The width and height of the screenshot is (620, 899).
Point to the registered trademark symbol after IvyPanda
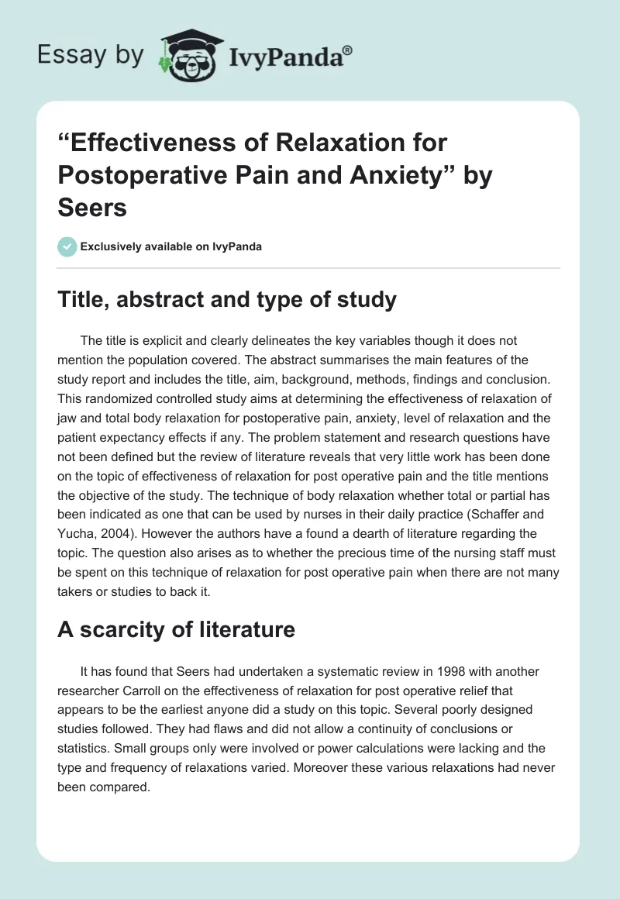coord(347,50)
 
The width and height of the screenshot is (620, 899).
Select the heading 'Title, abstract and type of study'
coord(227,299)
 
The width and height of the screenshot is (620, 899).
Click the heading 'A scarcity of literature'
coord(177,629)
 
